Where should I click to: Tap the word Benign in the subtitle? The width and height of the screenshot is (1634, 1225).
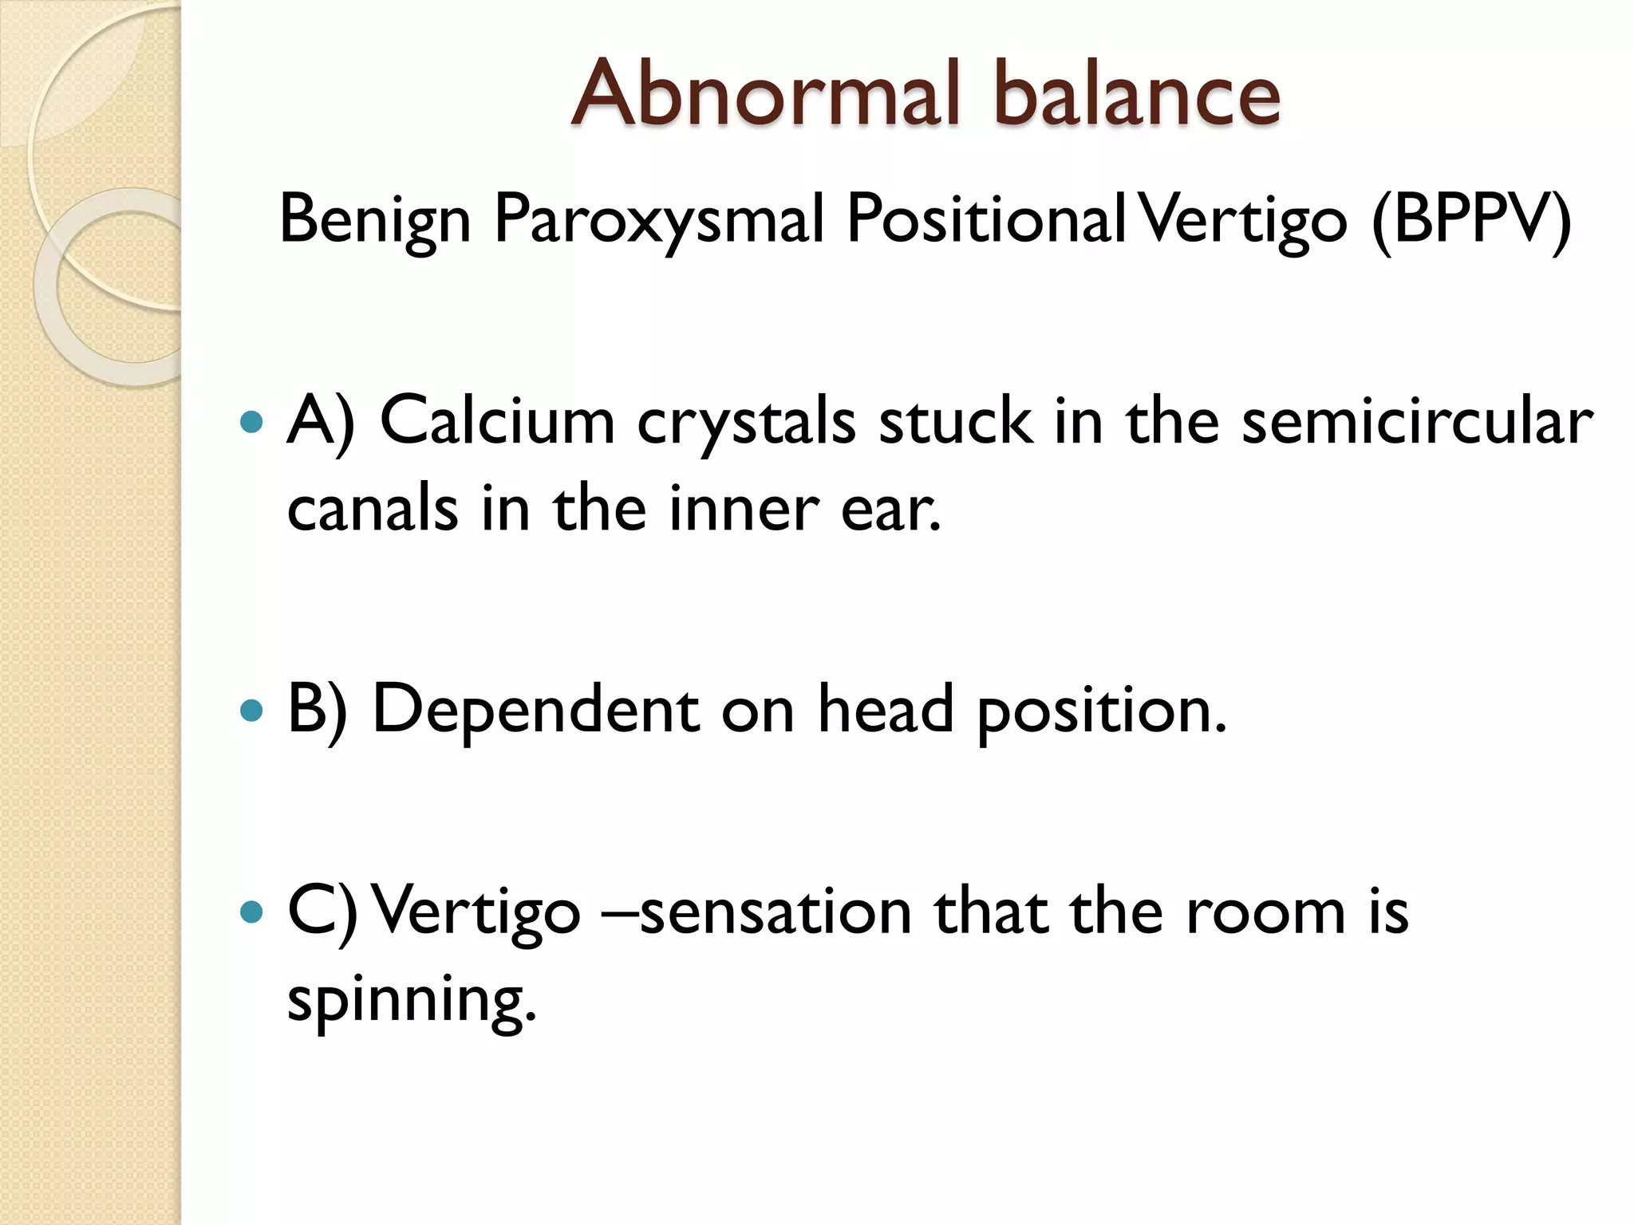coord(375,220)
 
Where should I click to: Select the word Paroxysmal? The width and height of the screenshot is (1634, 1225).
coord(659,220)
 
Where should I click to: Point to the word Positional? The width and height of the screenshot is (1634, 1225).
coord(986,219)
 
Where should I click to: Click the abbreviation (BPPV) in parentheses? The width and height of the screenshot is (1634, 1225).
coord(1470,220)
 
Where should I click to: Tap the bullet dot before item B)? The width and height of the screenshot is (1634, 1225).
coord(251,709)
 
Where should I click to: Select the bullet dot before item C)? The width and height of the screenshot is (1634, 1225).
coord(251,911)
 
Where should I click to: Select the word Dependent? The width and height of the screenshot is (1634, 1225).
coord(536,709)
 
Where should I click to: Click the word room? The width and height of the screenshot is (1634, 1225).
coord(1265,912)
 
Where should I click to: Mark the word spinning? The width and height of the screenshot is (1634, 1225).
coord(411,1000)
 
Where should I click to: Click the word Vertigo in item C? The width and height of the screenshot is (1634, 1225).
coord(476,912)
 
